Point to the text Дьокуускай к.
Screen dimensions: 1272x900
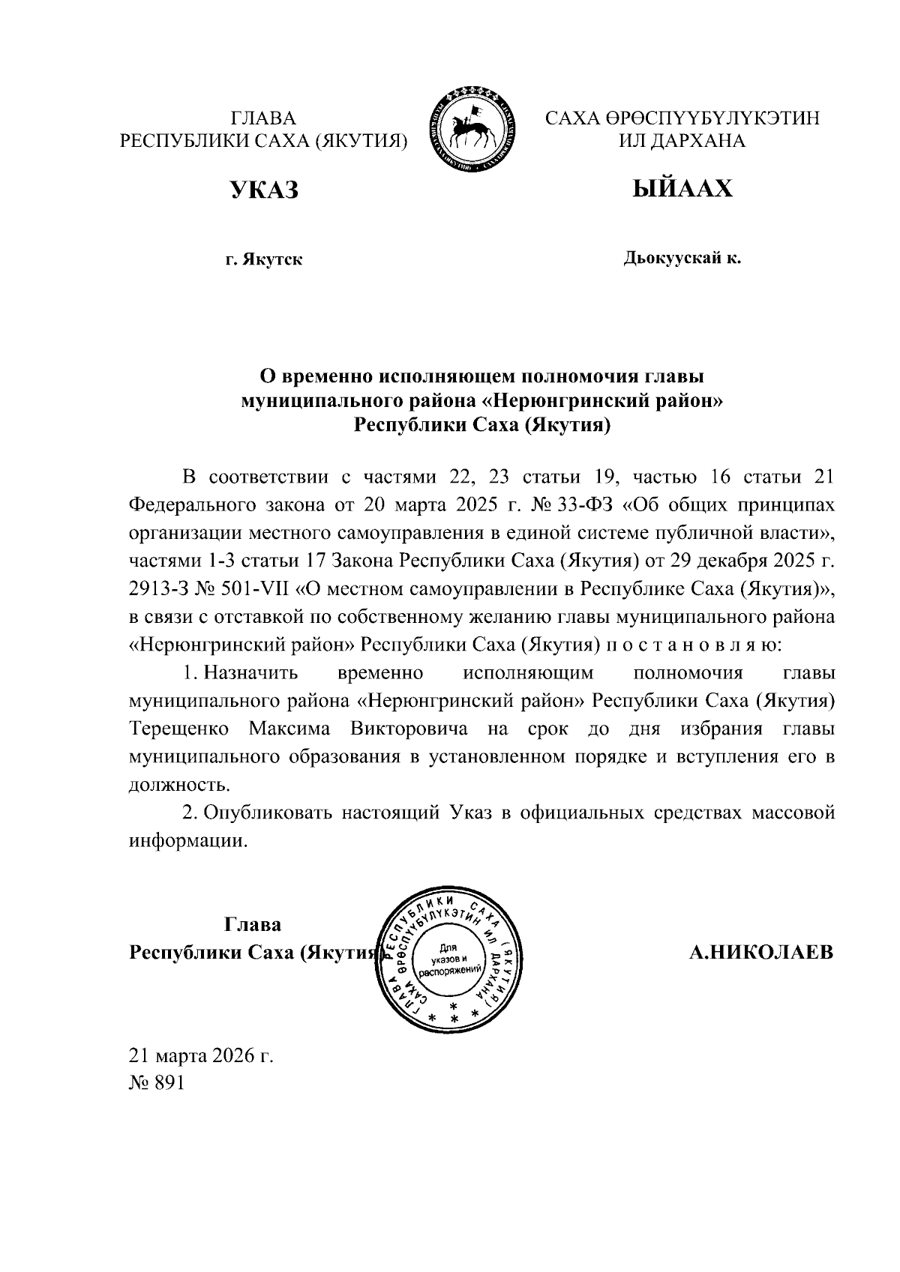[682, 259]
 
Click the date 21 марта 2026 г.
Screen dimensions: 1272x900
[202, 1056]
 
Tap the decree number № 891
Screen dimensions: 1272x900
[157, 1083]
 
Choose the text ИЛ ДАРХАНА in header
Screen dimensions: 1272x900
[682, 141]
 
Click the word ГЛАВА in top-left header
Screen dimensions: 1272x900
[263, 118]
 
